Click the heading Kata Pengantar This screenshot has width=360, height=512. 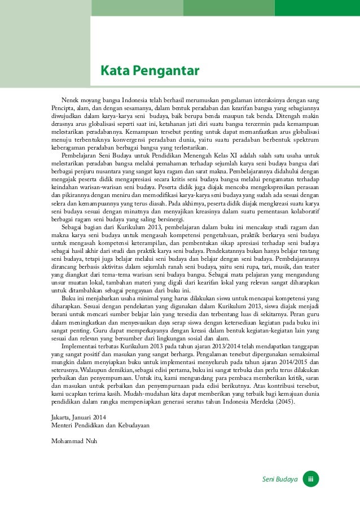150,72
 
